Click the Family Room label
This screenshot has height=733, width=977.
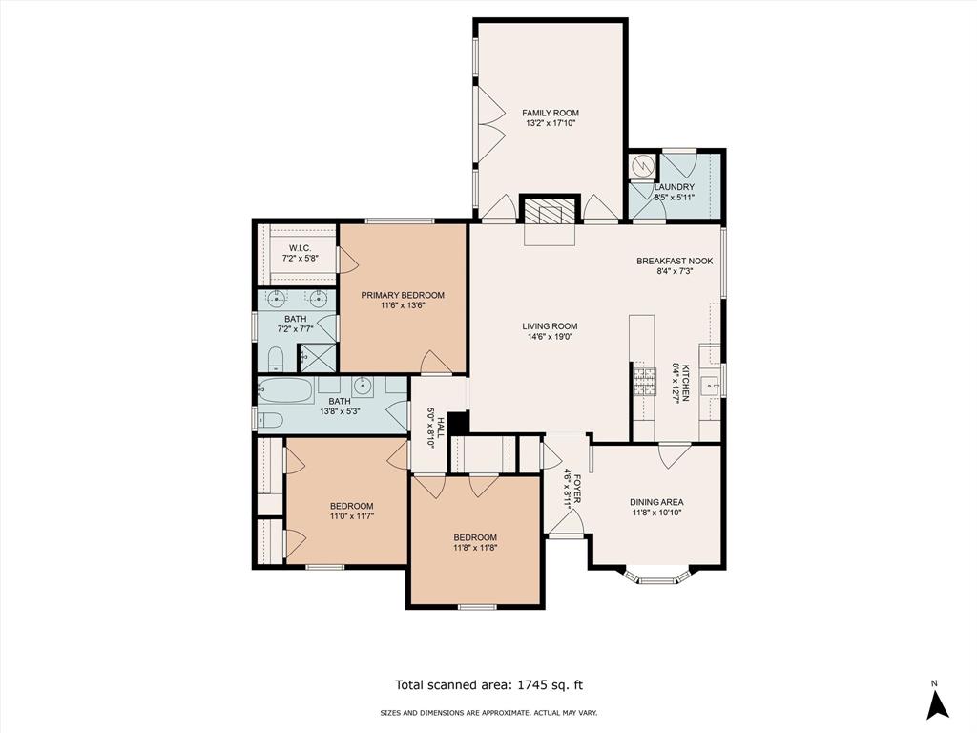[551, 113]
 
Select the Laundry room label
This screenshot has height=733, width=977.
[675, 187]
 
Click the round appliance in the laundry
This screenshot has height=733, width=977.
[641, 166]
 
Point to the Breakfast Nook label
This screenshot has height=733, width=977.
[675, 262]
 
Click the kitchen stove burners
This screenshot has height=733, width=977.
[644, 382]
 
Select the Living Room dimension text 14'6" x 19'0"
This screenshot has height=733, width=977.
[550, 337]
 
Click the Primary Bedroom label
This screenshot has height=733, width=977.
[403, 295]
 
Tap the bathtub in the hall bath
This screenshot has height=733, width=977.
[285, 390]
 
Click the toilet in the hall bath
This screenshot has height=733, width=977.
[270, 420]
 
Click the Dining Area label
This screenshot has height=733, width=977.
[656, 502]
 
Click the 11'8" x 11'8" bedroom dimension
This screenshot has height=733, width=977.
[475, 548]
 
